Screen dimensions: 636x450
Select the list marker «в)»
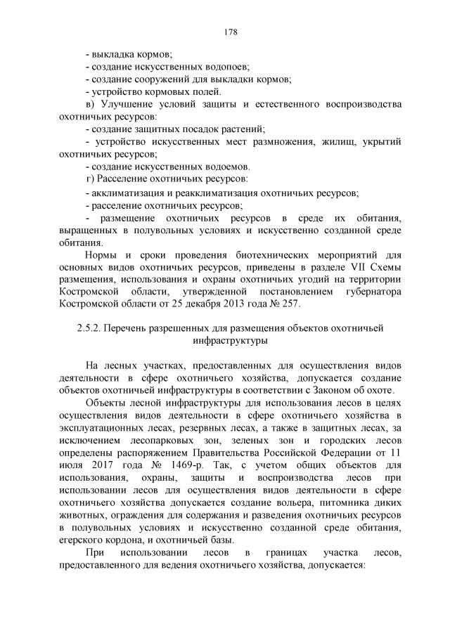coord(89,104)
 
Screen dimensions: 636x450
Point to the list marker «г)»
coord(89,179)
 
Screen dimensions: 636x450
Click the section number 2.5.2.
coord(87,328)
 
